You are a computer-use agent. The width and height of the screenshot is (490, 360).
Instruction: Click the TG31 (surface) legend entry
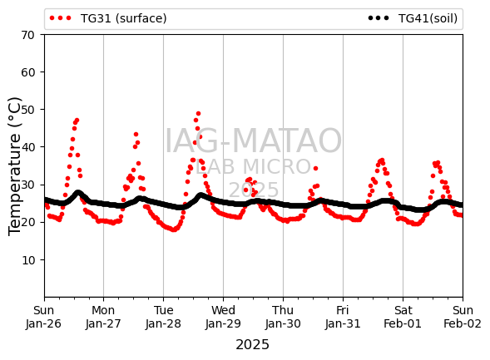pos(108,18)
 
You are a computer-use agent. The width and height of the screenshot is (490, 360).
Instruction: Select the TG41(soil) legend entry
pos(413,18)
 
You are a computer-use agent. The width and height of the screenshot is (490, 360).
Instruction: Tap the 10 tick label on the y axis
pos(27,260)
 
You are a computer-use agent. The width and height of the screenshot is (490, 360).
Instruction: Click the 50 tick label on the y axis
pos(27,110)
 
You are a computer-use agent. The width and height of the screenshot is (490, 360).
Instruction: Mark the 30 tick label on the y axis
pos(27,185)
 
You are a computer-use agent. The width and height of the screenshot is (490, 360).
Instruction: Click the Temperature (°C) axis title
pos(14,166)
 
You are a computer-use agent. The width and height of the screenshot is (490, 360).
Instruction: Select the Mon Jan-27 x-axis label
pos(103,317)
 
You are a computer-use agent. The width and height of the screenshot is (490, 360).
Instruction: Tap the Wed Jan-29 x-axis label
pos(223,317)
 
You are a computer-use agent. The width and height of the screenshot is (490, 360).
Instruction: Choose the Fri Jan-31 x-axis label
pos(343,317)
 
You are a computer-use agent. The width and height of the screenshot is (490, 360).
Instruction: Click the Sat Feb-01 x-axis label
pos(403,317)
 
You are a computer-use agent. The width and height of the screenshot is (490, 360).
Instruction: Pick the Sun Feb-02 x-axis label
pos(463,317)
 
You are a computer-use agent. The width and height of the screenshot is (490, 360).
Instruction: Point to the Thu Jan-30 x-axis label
pos(283,317)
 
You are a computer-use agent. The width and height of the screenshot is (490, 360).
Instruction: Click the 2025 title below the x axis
pos(253,345)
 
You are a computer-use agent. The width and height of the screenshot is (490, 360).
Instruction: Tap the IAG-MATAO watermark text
pos(253,141)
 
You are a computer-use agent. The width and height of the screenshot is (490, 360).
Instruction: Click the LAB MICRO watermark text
pos(254,167)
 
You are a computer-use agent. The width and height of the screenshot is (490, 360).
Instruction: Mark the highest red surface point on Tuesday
pos(198,114)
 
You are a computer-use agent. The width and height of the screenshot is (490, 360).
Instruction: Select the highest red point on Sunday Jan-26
pos(77,121)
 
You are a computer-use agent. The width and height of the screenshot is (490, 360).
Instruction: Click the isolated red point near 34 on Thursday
pos(315,168)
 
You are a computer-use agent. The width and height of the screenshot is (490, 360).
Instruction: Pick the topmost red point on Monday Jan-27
pos(136,134)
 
